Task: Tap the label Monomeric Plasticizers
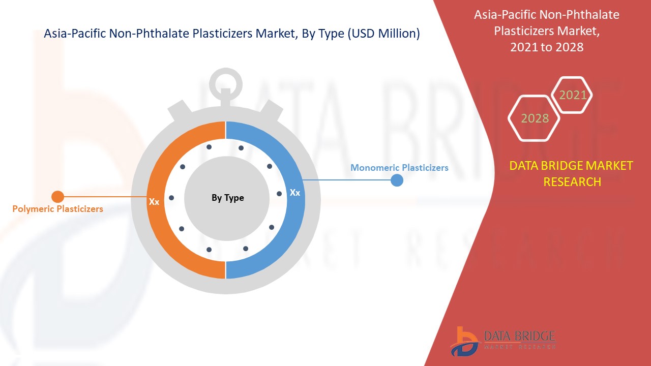pos(399,167)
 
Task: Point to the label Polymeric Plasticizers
pos(57,208)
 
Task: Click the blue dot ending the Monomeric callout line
pos(397,180)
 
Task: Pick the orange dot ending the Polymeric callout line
pos(57,196)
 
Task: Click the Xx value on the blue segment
pos(294,193)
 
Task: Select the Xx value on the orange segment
pos(154,202)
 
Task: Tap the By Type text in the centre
pos(227,198)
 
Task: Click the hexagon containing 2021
pos(572,95)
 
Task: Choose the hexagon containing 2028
pos(535,118)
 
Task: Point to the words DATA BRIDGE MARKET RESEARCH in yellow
pos(572,173)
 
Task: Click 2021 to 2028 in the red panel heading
pos(547,47)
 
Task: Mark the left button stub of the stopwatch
pos(179,110)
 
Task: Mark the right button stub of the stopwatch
pos(272,110)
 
